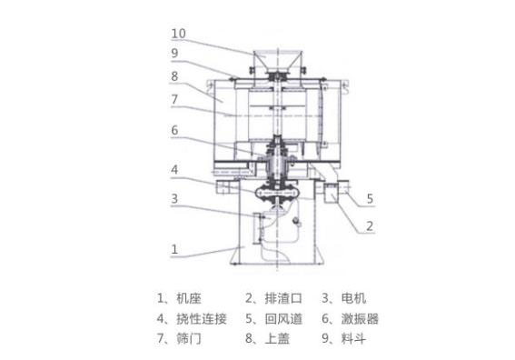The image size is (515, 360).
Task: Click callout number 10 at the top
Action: [179, 34]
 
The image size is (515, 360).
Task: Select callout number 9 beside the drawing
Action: [174, 53]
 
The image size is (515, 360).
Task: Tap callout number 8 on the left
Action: [174, 76]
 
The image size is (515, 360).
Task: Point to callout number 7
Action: [174, 100]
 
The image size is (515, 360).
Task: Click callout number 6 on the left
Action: [174, 130]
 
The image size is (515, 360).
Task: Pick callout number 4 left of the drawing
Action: [174, 170]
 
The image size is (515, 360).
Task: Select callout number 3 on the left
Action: [174, 198]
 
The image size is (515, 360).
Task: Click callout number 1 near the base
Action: [174, 249]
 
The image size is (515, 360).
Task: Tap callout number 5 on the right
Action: [370, 198]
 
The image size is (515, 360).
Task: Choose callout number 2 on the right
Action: [370, 226]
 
